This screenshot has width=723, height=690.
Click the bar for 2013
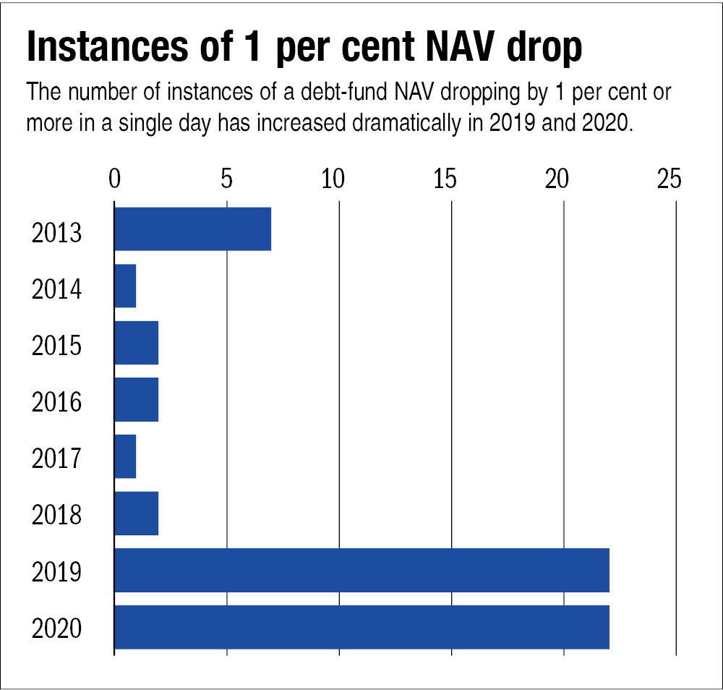coord(192,229)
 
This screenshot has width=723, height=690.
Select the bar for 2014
coord(125,286)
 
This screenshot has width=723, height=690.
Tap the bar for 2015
coord(136,343)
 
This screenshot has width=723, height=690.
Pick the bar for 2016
coord(136,400)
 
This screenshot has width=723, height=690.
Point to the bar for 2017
coord(125,456)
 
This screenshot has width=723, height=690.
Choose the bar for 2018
coord(136,514)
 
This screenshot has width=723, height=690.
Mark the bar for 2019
coord(361,571)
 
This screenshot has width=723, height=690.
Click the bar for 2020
coord(361,627)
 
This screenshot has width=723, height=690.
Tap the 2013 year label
coord(56,234)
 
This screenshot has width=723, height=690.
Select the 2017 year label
coord(56,459)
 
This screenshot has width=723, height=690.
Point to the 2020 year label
coord(56,629)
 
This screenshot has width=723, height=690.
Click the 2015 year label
coord(56,346)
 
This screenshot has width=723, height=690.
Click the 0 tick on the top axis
coord(114,179)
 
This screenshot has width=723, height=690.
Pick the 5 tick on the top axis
coord(226,179)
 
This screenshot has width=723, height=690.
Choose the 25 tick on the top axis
coord(669,179)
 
